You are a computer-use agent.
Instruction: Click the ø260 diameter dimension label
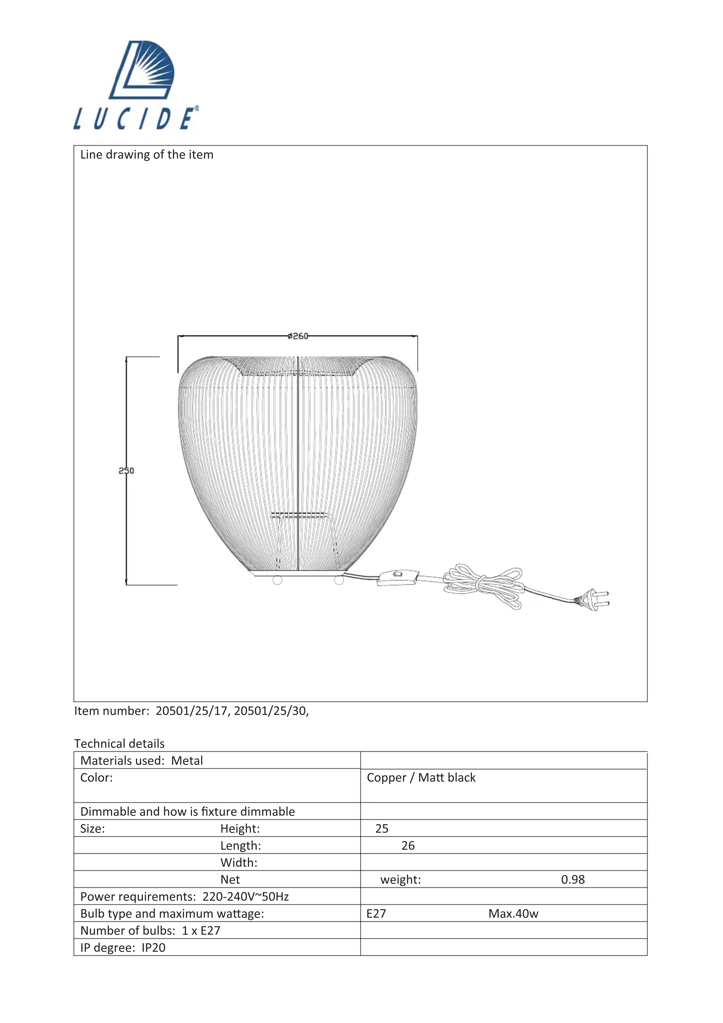298,336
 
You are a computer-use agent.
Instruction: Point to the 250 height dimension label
126,470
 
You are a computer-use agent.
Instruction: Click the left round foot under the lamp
277,580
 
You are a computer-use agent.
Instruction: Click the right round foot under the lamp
339,580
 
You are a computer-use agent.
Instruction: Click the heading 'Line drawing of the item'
147,155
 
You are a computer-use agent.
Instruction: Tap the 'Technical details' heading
119,744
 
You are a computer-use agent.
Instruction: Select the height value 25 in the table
382,829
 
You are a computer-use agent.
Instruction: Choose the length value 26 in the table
408,846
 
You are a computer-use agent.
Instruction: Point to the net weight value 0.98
573,880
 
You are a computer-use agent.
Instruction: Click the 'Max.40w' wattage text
513,914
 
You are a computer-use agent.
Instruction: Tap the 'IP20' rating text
153,948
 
